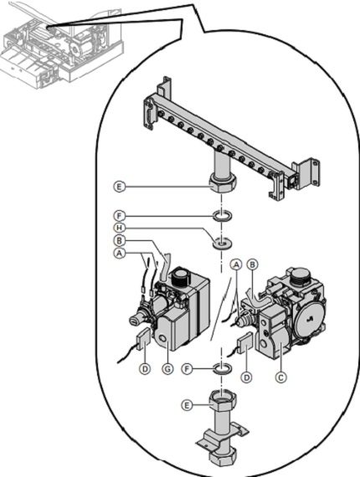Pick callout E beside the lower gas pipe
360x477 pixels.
pos(187,404)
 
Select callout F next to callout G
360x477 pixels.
pos(188,367)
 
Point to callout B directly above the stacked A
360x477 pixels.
pos(121,240)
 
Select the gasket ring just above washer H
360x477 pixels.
pos(222,217)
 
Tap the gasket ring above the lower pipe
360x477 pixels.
pos(222,369)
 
